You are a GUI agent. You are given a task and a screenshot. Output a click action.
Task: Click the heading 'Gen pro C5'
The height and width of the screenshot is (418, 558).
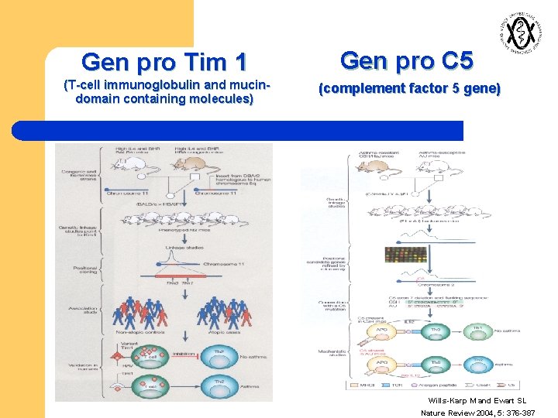click(406, 60)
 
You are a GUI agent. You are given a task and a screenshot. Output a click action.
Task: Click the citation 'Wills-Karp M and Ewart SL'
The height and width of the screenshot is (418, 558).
click(477, 400)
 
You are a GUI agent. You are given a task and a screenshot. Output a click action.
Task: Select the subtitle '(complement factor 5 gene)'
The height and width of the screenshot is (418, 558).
click(410, 89)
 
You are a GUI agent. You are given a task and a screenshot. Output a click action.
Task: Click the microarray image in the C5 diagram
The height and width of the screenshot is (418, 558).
click(405, 255)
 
